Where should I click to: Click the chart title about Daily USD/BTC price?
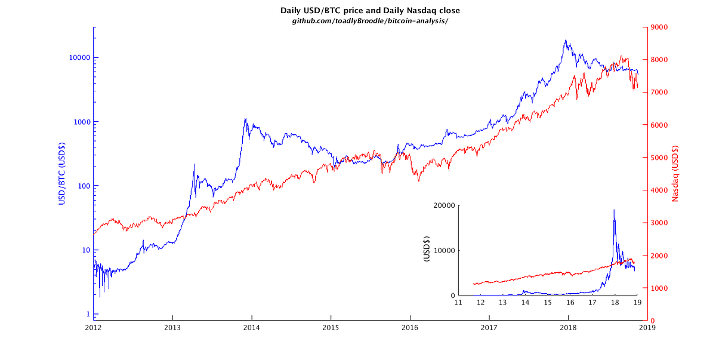[370, 11]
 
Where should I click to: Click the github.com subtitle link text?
[370, 21]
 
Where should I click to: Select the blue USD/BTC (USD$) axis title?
[61, 173]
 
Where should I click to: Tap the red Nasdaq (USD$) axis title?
[675, 173]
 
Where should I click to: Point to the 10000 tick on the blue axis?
[78, 58]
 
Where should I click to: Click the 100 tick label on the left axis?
[82, 186]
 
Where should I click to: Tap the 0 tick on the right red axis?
[654, 321]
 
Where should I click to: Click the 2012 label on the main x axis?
[93, 328]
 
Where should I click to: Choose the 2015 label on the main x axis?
[331, 328]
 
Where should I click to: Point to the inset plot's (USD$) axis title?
[427, 250]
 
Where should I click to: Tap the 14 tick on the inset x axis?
[525, 303]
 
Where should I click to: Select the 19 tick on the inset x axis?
[637, 303]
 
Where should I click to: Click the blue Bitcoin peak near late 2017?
[565, 40]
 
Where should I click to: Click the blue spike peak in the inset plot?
[614, 210]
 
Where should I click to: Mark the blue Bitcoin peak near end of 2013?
[245, 118]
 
